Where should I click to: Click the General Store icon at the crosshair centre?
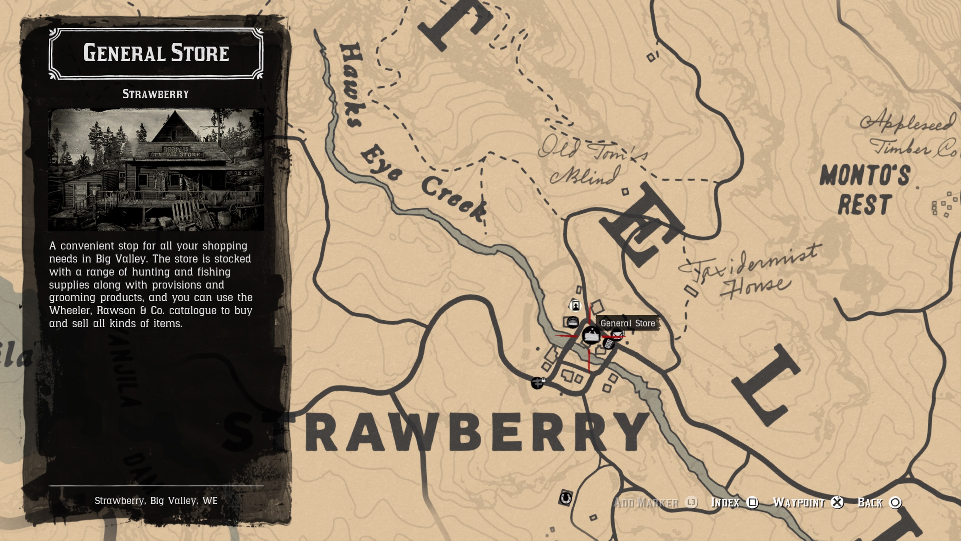(x=591, y=335)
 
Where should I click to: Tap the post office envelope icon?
(x=617, y=333)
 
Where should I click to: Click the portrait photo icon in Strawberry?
(x=576, y=306)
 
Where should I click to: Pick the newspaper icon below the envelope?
(x=608, y=344)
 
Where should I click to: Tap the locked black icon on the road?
(x=538, y=383)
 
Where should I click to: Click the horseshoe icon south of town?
(x=565, y=498)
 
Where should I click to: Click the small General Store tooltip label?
(x=627, y=323)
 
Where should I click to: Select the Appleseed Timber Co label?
(x=910, y=134)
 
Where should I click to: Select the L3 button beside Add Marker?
(x=691, y=502)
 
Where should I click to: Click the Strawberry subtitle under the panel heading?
(x=156, y=94)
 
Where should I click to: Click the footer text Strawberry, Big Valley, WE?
(x=156, y=501)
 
